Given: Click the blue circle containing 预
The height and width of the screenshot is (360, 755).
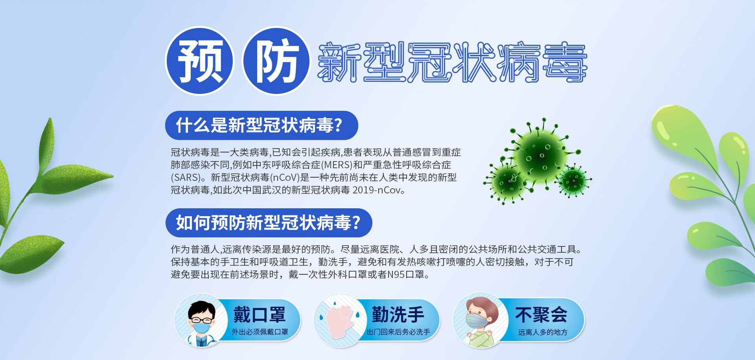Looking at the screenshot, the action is (x=199, y=61).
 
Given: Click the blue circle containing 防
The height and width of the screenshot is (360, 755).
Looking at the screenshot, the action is (x=276, y=61).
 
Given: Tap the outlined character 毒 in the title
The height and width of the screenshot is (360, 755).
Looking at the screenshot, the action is (x=565, y=62).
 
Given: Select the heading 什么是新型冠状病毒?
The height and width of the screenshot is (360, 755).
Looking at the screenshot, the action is (x=259, y=125).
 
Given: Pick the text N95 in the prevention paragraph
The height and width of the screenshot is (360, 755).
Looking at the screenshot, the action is (x=396, y=274).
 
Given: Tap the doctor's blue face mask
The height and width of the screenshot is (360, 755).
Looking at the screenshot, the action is (x=202, y=327).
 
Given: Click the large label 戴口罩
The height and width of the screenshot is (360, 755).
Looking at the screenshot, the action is (x=260, y=315).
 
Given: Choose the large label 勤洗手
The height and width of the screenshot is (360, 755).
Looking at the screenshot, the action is (x=398, y=315).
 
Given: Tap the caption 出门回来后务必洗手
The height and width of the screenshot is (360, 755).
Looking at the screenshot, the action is (x=398, y=332).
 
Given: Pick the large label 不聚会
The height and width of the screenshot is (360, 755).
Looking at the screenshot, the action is (x=541, y=315).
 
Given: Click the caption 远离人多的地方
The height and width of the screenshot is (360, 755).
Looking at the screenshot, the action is (x=543, y=332).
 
